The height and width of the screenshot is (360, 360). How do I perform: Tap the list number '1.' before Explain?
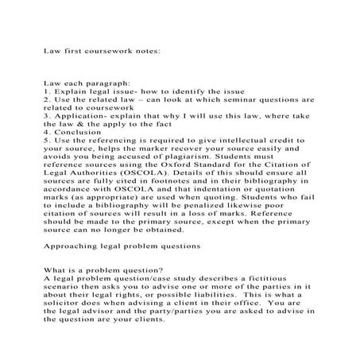tap(48, 92)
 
